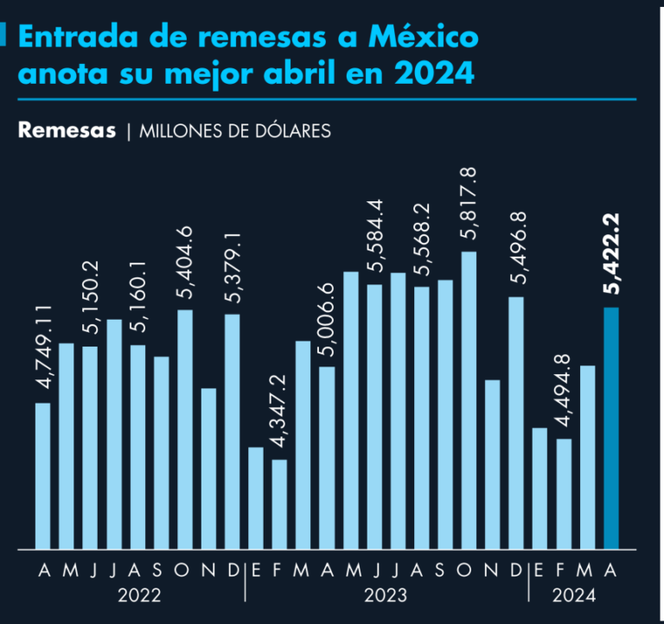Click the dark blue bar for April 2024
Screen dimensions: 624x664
pos(611,428)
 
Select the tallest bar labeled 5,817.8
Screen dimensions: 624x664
pos(469,400)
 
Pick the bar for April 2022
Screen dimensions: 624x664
pos(42,475)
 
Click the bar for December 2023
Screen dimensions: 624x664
pos(516,423)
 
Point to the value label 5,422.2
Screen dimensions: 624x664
pos(611,258)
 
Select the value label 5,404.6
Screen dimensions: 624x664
pos(184,262)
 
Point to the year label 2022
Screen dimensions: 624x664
pos(138,595)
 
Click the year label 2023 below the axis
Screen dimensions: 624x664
pos(386,595)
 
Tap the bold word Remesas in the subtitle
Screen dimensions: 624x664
pos(67,131)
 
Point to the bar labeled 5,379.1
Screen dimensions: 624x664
pos(232,431)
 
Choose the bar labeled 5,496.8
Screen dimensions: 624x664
pos(516,423)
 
